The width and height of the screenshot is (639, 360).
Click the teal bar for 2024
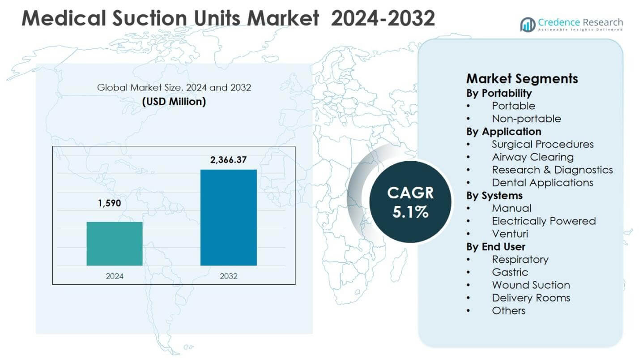click(x=115, y=244)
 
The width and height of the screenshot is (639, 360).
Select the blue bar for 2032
click(x=228, y=218)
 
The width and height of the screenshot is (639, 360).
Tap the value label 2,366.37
click(x=228, y=159)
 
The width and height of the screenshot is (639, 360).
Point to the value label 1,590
click(x=110, y=204)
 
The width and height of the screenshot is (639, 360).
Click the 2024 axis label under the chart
click(x=115, y=276)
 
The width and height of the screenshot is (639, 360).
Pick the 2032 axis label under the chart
click(x=228, y=276)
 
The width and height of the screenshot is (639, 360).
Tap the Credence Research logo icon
click(x=528, y=25)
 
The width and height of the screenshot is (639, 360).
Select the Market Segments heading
click(x=522, y=79)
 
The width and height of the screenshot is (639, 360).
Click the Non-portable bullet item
click(x=526, y=119)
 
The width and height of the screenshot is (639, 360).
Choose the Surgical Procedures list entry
click(x=542, y=144)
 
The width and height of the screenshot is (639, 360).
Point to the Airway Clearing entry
click(x=532, y=157)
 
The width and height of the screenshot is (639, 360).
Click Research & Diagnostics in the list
click(x=552, y=170)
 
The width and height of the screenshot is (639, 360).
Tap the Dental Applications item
click(x=542, y=183)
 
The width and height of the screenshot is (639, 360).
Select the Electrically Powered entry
click(x=544, y=221)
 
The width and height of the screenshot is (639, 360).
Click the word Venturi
click(x=510, y=234)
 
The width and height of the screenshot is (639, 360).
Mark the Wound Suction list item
click(x=531, y=285)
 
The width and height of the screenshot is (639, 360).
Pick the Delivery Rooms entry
click(x=531, y=298)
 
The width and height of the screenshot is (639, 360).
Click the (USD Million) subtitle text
click(x=174, y=102)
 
